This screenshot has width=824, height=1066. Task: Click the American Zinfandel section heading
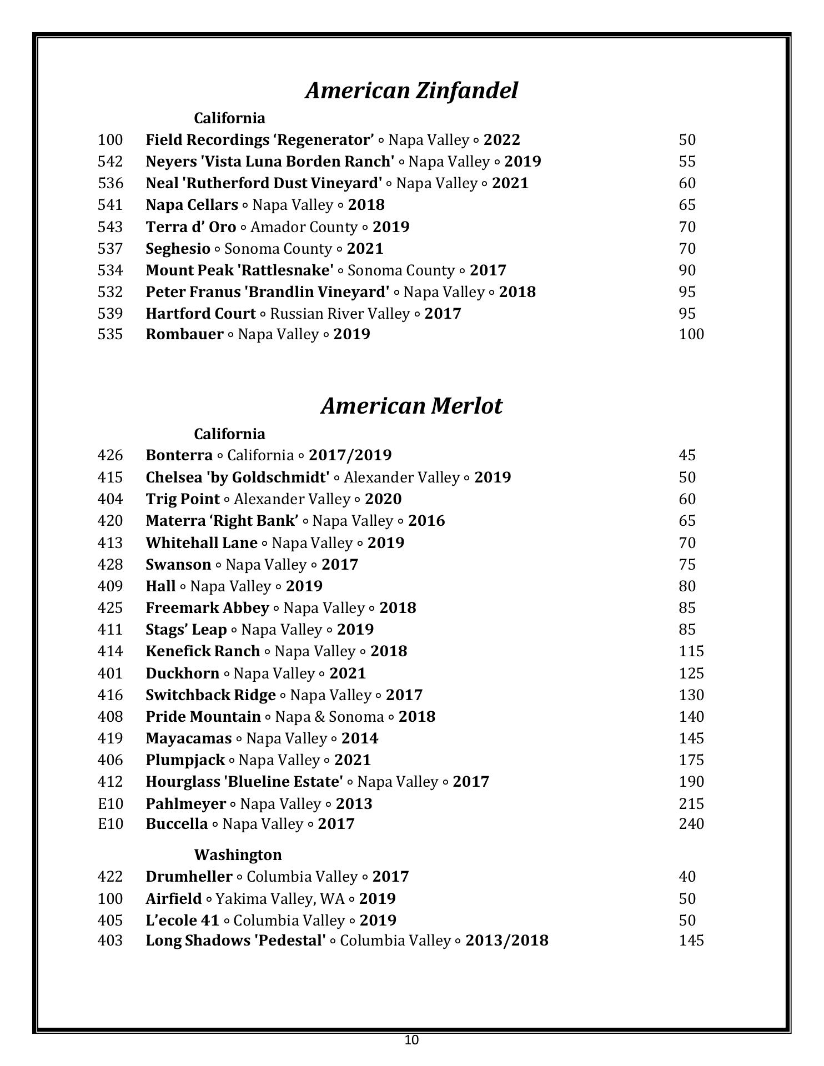pos(411,90)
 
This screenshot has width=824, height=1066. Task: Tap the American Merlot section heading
pos(411,406)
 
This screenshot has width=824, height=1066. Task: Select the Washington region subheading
pos(238,854)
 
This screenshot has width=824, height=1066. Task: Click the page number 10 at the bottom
pos(411,1040)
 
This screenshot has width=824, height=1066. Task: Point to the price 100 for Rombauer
pos(691,334)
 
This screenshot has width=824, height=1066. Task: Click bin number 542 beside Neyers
pos(110,162)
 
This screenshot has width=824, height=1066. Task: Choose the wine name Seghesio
pos(178,249)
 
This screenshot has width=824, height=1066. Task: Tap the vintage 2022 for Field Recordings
pos(502,140)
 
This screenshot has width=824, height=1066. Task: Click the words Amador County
pos(304,227)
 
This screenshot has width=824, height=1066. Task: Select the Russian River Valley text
pos(340,314)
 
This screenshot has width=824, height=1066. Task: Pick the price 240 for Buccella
pos(691,824)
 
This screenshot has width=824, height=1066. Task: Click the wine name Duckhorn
pos(182,673)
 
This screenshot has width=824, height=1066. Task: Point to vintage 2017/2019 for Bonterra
pos(350,455)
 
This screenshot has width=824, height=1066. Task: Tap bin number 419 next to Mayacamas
pos(110,738)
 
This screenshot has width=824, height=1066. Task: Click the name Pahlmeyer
pos(185,804)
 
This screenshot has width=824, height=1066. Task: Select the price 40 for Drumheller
pos(687,877)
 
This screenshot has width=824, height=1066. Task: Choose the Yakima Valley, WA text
pos(280,899)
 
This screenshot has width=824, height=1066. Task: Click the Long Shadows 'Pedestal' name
pos(235,941)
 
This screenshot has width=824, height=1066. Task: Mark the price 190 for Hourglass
pos(691,782)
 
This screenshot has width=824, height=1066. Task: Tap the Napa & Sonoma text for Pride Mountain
pos(329,717)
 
